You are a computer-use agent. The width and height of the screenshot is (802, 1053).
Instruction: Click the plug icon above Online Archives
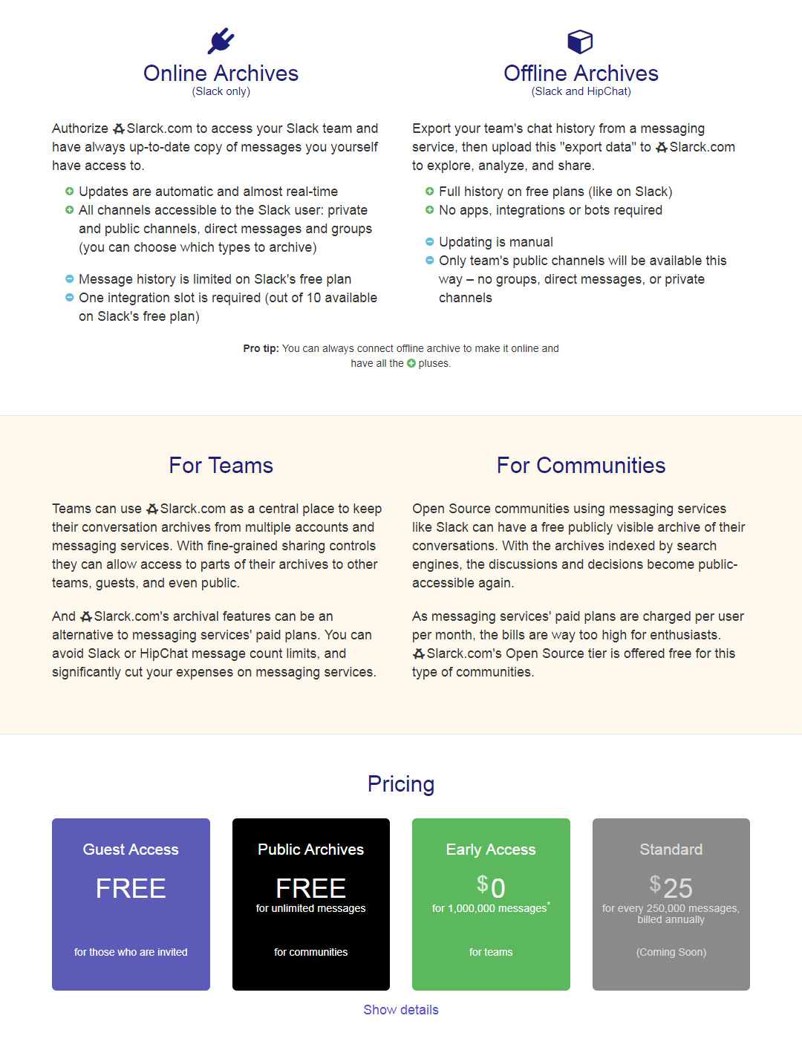221,41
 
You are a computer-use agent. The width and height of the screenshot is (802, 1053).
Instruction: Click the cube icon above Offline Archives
580,42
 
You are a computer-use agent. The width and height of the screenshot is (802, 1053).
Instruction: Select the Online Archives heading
221,74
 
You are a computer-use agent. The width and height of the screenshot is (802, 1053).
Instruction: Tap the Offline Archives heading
581,74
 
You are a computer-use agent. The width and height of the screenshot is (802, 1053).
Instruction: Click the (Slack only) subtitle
221,91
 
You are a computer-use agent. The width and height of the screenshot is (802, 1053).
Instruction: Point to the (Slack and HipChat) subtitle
581,91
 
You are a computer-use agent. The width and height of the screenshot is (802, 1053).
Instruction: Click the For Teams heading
221,466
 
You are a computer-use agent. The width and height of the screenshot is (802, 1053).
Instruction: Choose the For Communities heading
581,466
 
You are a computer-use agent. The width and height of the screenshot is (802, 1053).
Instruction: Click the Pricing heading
401,784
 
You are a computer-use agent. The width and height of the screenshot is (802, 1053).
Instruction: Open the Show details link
401,1010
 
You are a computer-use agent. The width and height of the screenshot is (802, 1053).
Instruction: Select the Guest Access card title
131,850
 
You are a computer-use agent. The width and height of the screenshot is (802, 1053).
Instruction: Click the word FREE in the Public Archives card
310,888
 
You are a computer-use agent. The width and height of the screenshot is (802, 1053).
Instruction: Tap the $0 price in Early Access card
491,887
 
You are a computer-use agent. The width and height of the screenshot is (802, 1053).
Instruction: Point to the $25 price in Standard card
671,887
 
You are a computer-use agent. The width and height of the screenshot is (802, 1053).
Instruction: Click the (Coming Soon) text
671,952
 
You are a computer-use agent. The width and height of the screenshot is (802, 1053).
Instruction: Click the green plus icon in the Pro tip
411,364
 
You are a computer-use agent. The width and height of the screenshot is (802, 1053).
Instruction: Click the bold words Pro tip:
261,348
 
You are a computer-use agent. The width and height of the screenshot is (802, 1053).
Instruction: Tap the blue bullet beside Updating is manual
429,241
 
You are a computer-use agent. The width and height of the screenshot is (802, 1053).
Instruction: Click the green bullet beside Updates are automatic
69,192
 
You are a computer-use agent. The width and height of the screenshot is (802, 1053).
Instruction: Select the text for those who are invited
131,952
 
